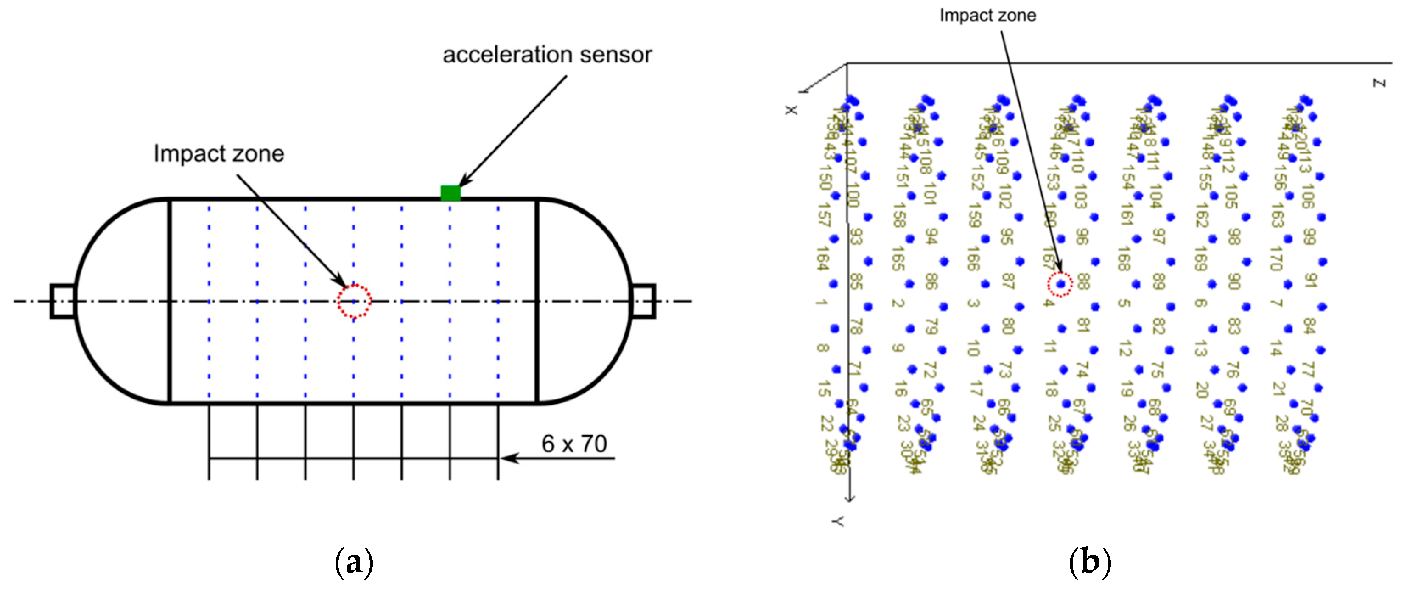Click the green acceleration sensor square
450,193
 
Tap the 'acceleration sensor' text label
547,54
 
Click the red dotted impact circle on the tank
354,301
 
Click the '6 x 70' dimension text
574,444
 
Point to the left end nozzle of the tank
62,301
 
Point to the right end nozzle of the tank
643,301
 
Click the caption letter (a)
354,562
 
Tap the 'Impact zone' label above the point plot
987,15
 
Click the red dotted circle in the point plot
1060,284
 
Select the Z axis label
1379,83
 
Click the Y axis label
838,522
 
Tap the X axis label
791,110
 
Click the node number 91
1310,280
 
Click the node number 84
1309,326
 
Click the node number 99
1309,237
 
